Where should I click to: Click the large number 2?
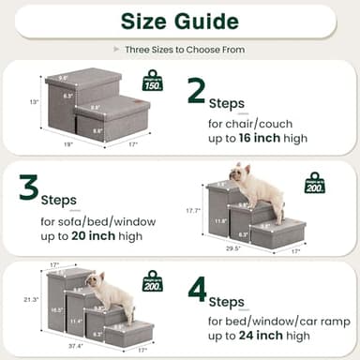197,91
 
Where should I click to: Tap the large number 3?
29,187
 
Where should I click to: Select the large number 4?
198,289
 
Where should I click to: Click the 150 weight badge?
152,81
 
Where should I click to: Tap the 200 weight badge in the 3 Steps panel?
314,183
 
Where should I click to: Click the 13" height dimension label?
34,101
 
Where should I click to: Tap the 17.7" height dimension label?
192,210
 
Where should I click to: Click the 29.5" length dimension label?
232,249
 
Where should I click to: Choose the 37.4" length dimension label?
74,343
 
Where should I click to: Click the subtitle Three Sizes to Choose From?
179,49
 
